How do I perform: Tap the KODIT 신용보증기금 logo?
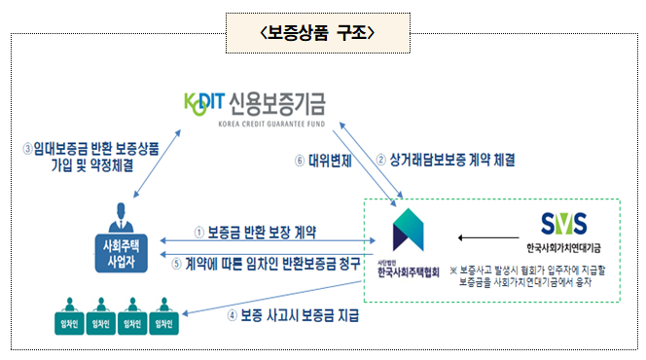256,100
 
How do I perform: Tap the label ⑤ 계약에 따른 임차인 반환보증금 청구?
264,262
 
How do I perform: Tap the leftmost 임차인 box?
66,323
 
